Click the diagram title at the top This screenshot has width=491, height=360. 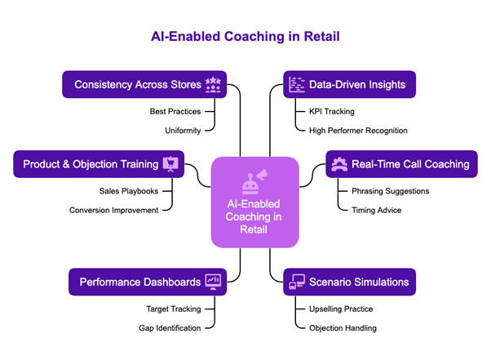tap(244, 37)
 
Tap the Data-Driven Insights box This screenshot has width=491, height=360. tap(350, 84)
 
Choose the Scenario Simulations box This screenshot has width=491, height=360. tap(350, 282)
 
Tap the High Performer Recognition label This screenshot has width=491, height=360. tap(358, 130)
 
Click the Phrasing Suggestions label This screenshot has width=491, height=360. tap(389, 191)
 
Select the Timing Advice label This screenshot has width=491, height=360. tap(376, 210)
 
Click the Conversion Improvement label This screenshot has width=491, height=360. tap(113, 210)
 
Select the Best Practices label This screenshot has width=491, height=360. tap(175, 111)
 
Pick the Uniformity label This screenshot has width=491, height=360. tap(183, 130)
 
